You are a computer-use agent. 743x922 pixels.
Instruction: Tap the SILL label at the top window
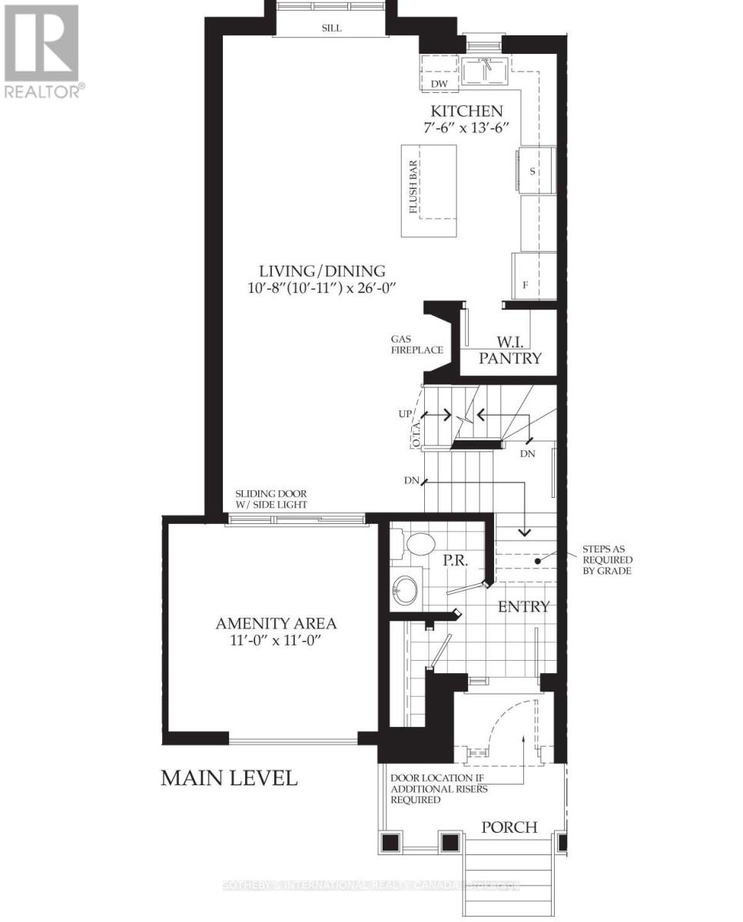tap(332, 28)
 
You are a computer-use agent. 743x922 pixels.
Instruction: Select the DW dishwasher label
tap(439, 84)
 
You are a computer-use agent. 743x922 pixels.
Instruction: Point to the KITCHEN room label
tap(466, 111)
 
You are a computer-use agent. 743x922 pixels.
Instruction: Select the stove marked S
tap(532, 171)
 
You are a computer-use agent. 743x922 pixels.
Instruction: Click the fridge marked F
tap(526, 285)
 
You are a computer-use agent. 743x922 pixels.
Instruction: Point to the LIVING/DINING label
tap(321, 270)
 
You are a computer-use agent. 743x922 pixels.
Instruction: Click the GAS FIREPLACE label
tap(416, 344)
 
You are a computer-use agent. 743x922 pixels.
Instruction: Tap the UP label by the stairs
tap(405, 414)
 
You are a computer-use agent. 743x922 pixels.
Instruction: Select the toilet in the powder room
tap(417, 545)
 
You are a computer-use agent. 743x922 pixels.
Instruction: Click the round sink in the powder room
tap(405, 590)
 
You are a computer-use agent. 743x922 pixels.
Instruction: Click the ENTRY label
tap(524, 607)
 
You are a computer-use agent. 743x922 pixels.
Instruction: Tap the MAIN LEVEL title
tap(228, 778)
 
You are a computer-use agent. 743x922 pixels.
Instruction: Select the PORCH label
tap(509, 827)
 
